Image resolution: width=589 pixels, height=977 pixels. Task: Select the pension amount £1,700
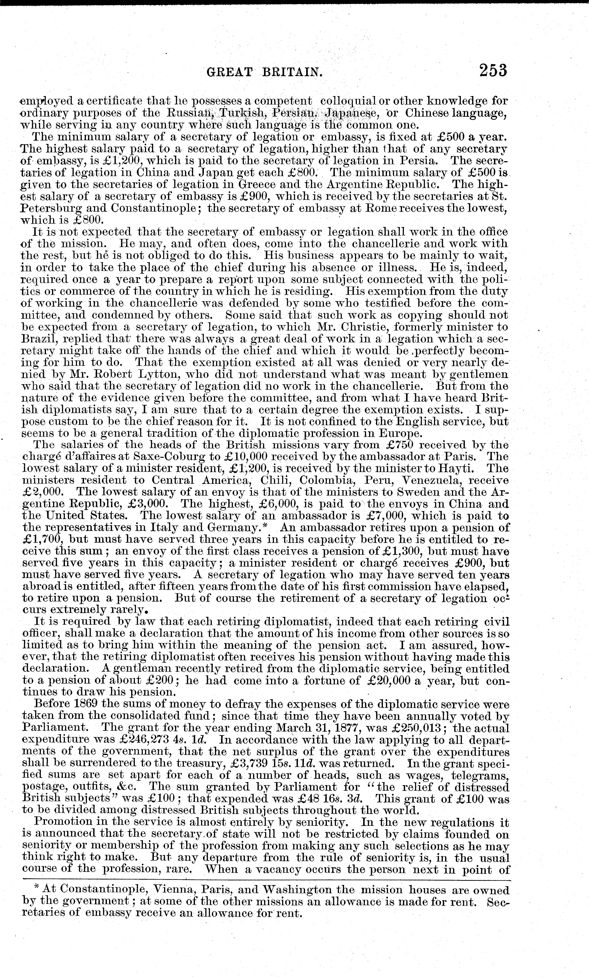[42, 540]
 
